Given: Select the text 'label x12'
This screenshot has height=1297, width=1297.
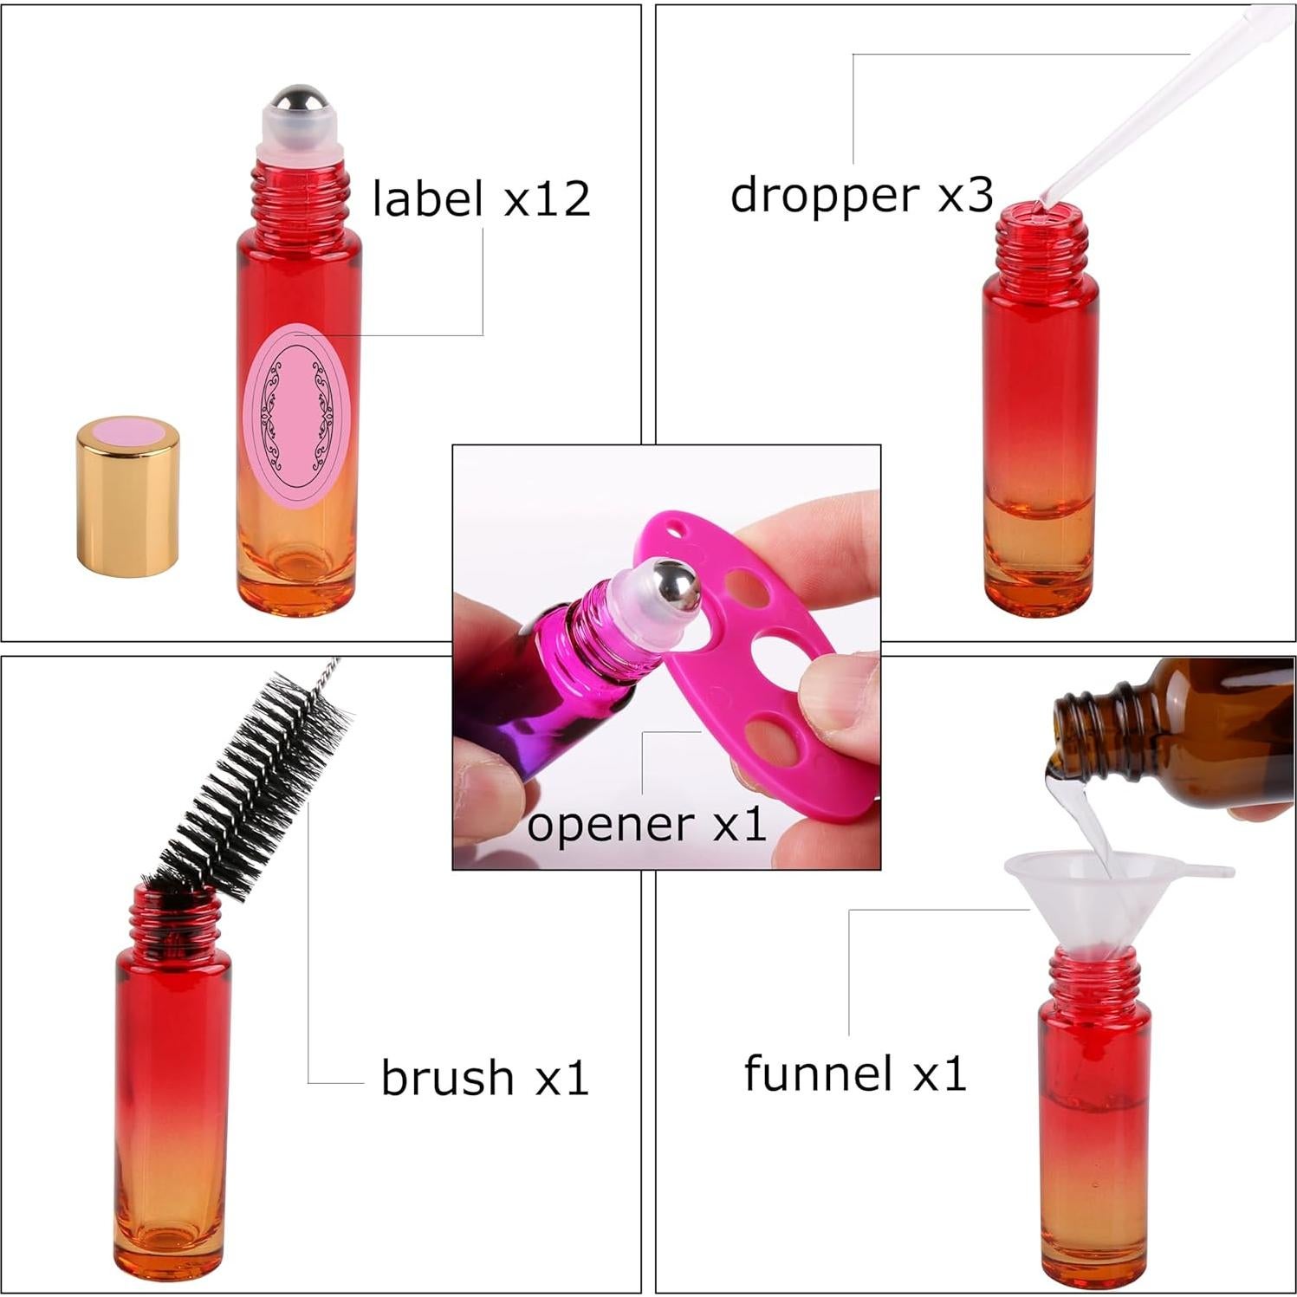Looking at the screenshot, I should [481, 198].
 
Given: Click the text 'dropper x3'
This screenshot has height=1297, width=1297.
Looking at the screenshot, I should [860, 194].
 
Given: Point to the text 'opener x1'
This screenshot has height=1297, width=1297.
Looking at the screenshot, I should [646, 824].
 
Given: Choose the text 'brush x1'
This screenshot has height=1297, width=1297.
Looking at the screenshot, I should [484, 1077].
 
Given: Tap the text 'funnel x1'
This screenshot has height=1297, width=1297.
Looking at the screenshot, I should [854, 1073].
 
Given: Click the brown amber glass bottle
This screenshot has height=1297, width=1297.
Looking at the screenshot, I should [1196, 728].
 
